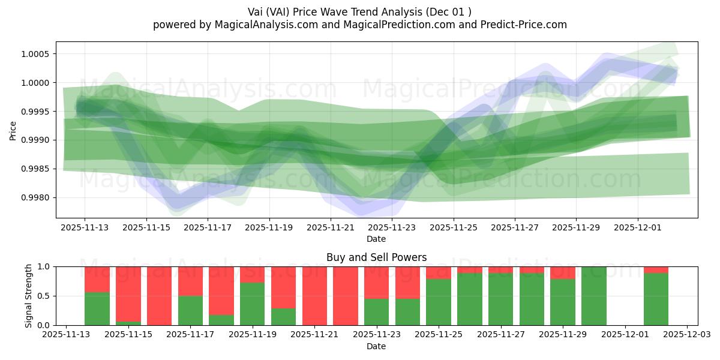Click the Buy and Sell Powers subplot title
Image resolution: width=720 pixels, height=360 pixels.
click(376, 257)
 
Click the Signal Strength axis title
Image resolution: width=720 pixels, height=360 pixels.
click(28, 296)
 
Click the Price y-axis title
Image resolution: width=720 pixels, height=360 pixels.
click(13, 130)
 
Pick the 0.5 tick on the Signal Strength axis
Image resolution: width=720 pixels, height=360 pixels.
click(44, 296)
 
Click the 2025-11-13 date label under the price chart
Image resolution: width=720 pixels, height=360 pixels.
click(84, 228)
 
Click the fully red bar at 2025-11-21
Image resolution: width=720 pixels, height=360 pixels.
click(314, 296)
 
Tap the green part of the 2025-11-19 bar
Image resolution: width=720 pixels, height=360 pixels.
click(253, 304)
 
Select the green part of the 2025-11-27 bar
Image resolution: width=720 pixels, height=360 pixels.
click(500, 299)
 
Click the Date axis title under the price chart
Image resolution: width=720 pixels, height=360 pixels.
click(376, 239)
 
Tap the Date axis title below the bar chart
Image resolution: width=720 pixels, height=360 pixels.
click(376, 346)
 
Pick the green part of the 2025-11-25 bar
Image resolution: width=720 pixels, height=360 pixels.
click(439, 302)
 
